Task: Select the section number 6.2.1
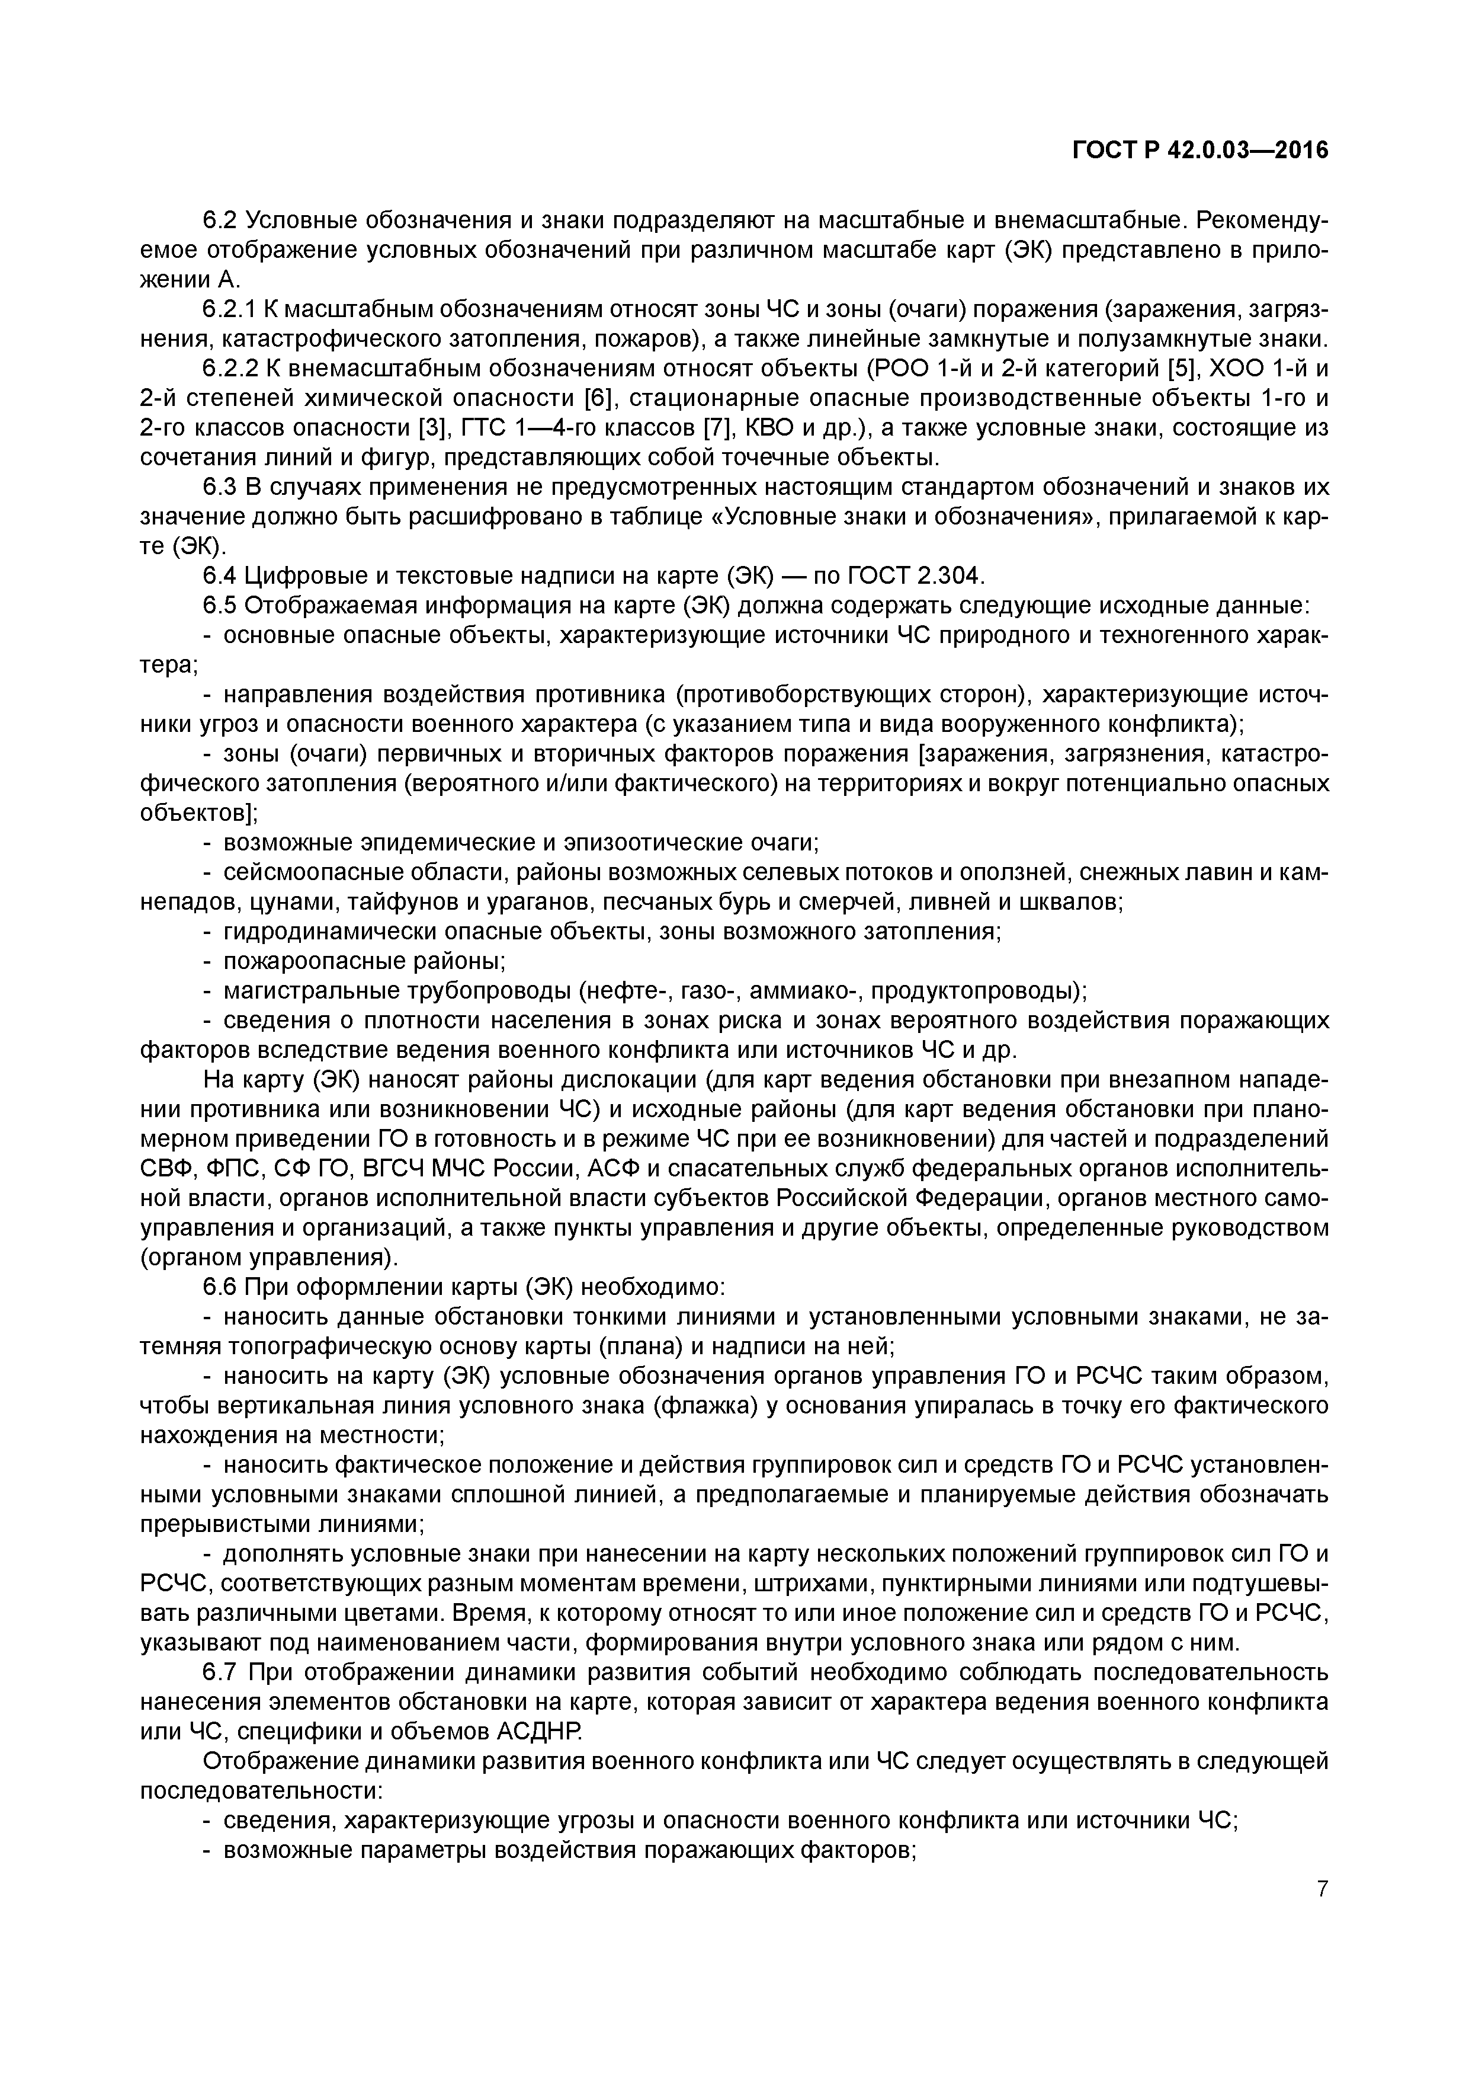[x=230, y=310]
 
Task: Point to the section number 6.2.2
[x=230, y=369]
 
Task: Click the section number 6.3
[x=220, y=487]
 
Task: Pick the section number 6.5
[x=220, y=605]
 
